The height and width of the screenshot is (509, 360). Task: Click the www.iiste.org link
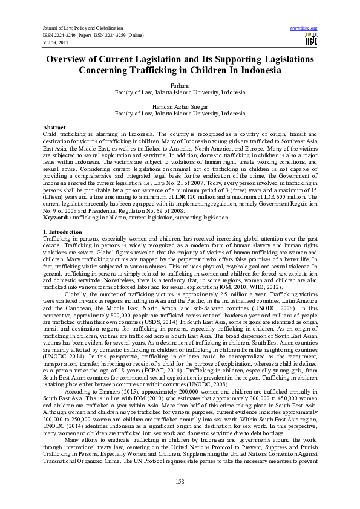click(x=304, y=28)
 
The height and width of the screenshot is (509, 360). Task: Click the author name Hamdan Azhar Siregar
click(x=180, y=106)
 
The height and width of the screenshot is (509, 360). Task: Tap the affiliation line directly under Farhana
click(x=180, y=94)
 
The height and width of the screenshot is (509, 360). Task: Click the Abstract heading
click(x=54, y=128)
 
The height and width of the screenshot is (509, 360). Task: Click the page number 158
click(x=180, y=480)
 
